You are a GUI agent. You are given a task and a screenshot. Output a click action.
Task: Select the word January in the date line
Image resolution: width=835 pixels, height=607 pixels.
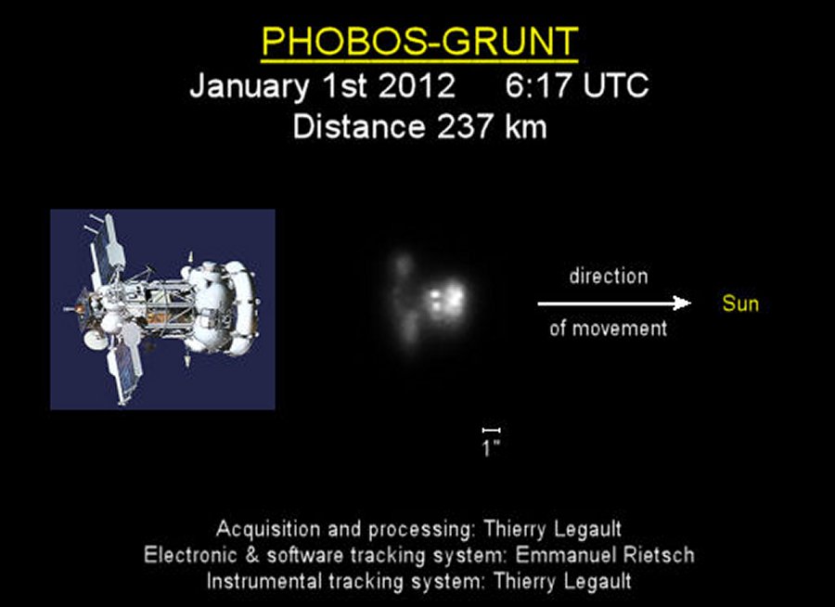[x=249, y=84]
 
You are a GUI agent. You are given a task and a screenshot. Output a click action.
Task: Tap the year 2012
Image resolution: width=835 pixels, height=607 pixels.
[x=417, y=84]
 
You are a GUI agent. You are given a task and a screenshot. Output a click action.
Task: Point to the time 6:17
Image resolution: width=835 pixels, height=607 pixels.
[x=539, y=84]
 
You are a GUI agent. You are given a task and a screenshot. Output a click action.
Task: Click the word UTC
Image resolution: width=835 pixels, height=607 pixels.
[x=616, y=84]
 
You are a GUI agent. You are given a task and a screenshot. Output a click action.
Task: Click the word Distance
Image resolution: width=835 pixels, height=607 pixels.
[x=359, y=127]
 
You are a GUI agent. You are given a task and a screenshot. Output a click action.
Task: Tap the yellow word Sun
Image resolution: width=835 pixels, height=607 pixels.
[x=740, y=303]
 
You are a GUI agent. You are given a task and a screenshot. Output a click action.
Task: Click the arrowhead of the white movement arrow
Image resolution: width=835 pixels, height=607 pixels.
[x=683, y=303]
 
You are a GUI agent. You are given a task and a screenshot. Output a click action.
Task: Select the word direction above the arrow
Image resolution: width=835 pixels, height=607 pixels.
[x=609, y=276]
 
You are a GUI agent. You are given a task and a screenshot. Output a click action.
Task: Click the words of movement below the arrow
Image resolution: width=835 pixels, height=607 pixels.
[x=608, y=329]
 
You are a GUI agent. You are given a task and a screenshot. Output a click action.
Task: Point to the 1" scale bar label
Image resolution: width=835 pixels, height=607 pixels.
[x=491, y=448]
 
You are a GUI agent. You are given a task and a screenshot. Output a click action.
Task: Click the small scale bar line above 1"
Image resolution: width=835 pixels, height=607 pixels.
[x=491, y=430]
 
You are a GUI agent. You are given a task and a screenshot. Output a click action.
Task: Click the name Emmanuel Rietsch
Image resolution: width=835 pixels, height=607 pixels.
[x=605, y=555]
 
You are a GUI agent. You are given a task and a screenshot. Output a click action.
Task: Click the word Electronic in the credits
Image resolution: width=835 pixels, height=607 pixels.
[x=190, y=555]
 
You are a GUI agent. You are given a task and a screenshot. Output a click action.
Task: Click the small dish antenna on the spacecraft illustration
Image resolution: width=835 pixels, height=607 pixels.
[x=95, y=339]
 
